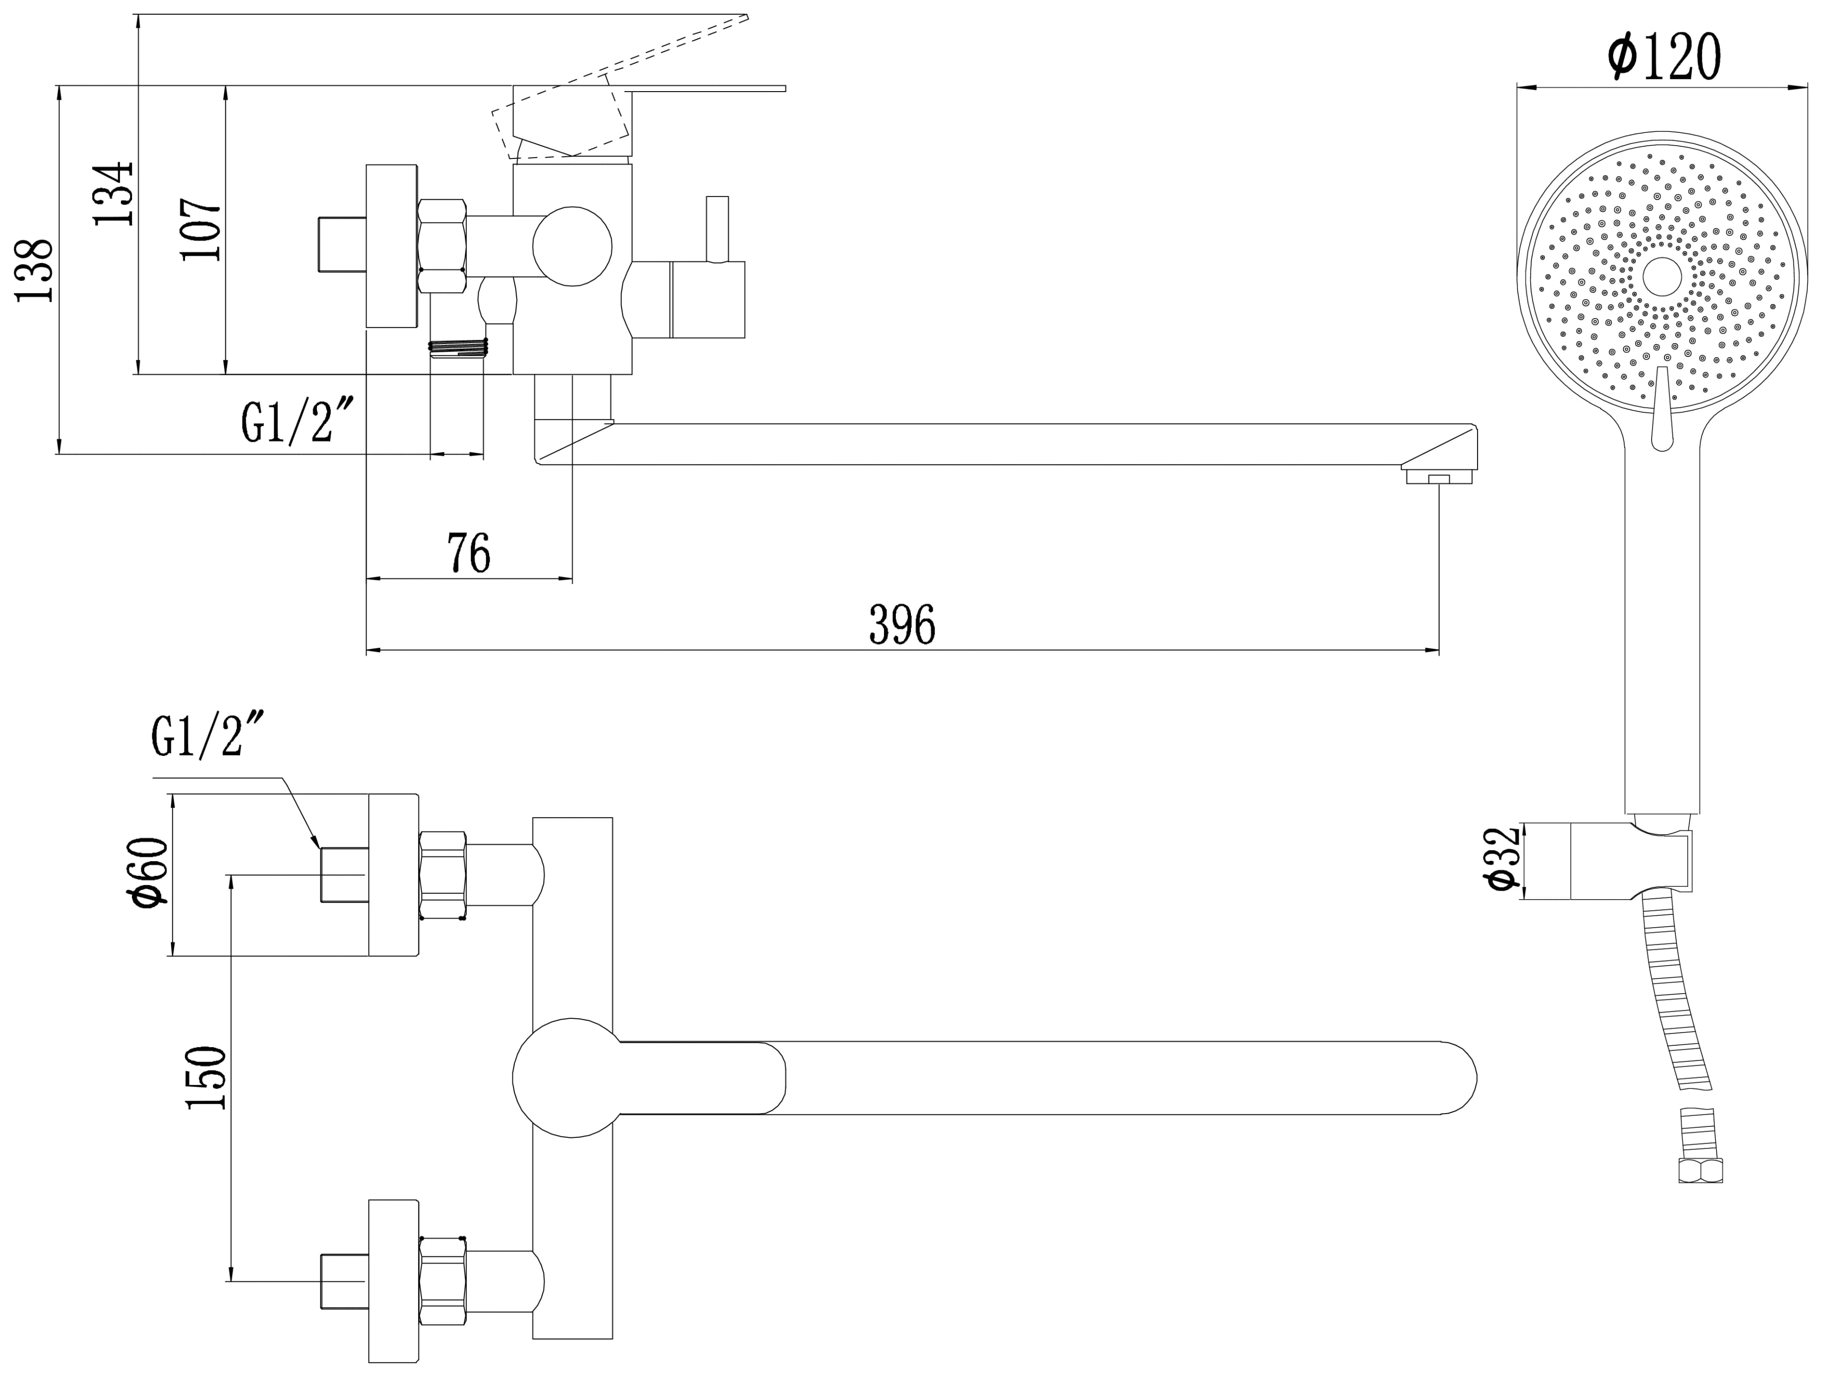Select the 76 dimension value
[x=469, y=553]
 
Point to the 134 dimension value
[x=113, y=194]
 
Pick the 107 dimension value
[x=202, y=230]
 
